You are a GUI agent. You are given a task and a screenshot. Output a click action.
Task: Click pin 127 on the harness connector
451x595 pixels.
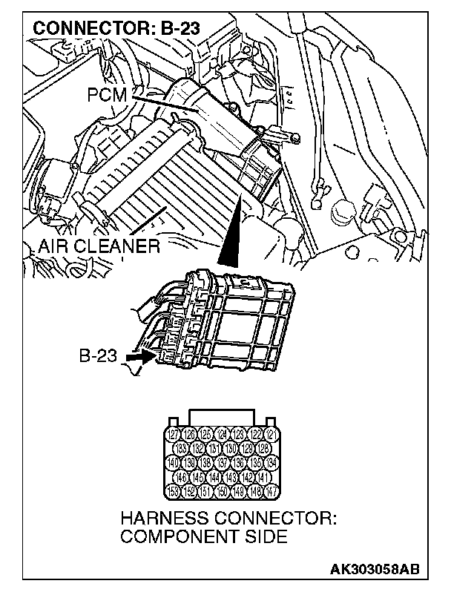coord(174,435)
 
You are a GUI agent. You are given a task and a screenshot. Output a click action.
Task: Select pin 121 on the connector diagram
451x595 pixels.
coord(272,435)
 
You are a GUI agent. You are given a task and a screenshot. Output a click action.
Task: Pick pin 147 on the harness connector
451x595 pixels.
coord(272,492)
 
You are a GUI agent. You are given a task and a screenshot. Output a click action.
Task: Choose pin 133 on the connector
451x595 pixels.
coord(180,449)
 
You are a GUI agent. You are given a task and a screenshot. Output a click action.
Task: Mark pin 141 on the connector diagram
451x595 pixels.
coord(265,478)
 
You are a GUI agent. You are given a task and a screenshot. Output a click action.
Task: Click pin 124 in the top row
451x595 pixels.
coord(223,435)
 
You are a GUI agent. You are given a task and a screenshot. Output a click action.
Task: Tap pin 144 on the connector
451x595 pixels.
coord(214,478)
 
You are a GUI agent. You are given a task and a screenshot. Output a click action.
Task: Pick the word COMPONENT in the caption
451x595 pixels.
coord(176,536)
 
